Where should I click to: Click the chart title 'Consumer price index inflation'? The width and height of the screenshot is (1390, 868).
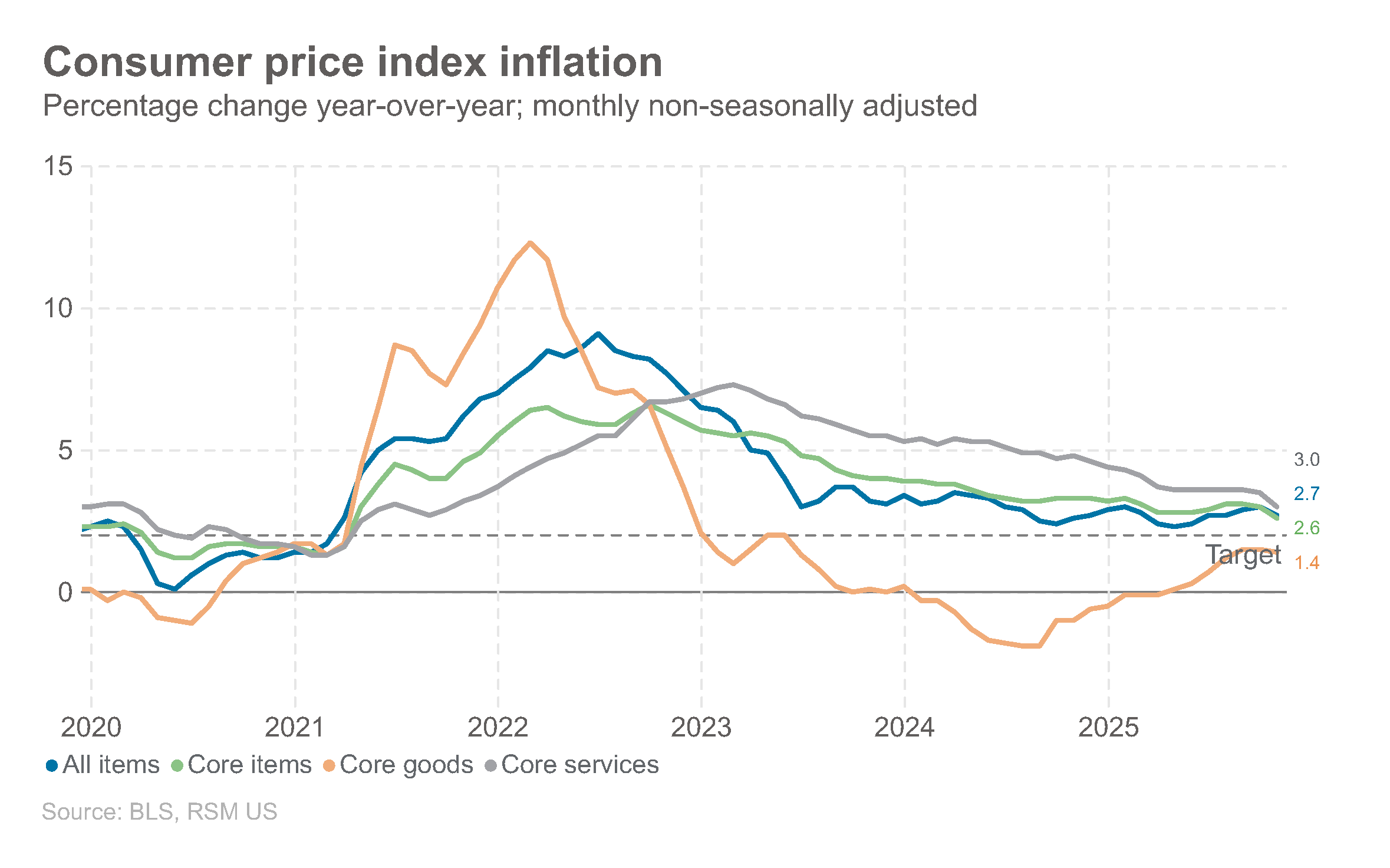pyautogui.click(x=353, y=63)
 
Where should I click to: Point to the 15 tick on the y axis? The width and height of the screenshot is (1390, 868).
pyautogui.click(x=58, y=166)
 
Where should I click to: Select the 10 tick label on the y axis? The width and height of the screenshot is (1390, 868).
pyautogui.click(x=58, y=308)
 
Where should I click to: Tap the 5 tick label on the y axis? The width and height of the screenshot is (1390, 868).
pyautogui.click(x=65, y=451)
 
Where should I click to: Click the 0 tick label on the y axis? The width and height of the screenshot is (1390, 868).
pyautogui.click(x=65, y=592)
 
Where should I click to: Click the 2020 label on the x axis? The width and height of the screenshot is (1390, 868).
pyautogui.click(x=91, y=728)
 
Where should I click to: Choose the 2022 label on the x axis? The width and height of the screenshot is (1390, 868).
pyautogui.click(x=498, y=728)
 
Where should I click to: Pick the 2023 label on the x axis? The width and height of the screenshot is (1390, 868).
pyautogui.click(x=701, y=728)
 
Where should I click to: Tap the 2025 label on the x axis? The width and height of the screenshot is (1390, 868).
pyautogui.click(x=1108, y=728)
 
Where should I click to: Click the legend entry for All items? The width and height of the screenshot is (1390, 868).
pyautogui.click(x=103, y=765)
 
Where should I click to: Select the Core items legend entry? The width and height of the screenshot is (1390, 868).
pyautogui.click(x=242, y=765)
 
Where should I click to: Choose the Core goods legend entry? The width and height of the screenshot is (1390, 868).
pyautogui.click(x=399, y=765)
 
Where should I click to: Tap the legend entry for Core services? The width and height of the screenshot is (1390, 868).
pyautogui.click(x=572, y=765)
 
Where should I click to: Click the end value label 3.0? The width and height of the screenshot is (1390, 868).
pyautogui.click(x=1306, y=459)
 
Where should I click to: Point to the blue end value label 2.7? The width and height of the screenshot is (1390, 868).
pyautogui.click(x=1306, y=494)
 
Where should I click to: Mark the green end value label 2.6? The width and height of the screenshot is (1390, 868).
pyautogui.click(x=1306, y=528)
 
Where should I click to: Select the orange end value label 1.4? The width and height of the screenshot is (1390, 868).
pyautogui.click(x=1306, y=563)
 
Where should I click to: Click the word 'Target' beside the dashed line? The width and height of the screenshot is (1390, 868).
pyautogui.click(x=1243, y=555)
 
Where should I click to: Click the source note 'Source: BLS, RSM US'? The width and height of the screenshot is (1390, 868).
pyautogui.click(x=159, y=812)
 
